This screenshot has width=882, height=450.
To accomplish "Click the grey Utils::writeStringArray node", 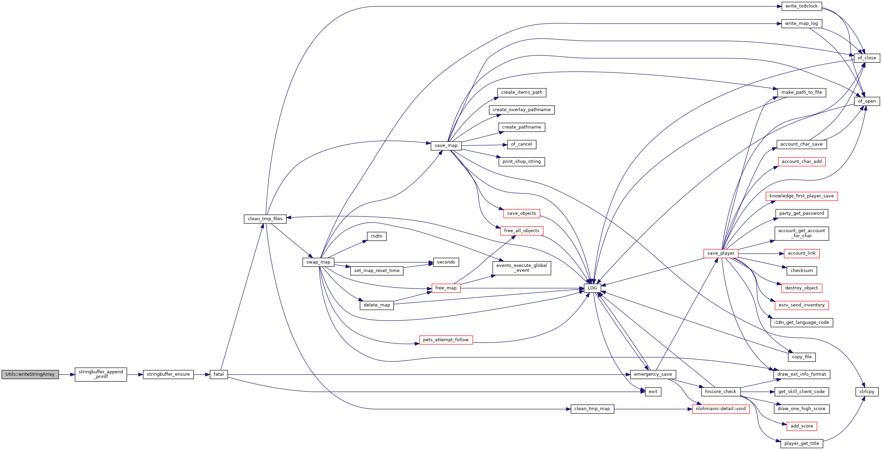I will point(30,374).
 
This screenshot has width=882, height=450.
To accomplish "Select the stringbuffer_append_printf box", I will point(101,374).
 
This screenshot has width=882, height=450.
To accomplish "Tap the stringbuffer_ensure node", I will point(168,374).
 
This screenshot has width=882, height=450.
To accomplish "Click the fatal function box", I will point(219,374).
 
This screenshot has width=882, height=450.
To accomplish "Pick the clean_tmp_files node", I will point(265,219).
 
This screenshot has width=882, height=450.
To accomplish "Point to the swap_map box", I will point(318,262).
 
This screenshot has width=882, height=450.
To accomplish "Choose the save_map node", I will point(446,146).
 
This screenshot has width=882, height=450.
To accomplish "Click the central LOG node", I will point(592,288).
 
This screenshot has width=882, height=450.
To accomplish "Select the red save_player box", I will point(720,253).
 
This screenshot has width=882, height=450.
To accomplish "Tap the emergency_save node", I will point(653,374).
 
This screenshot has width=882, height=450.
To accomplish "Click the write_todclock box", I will point(801,6).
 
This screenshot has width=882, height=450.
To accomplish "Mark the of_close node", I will point(867,58).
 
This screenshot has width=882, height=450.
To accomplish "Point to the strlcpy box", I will point(867,392).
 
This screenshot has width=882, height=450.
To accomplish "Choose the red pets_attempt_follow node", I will point(446,340).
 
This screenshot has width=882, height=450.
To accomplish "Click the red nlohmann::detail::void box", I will point(720,409).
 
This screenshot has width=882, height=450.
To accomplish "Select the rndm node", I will point(376,236).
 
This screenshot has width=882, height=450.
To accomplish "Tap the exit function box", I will point(653,392).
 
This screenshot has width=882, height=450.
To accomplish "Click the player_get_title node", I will point(801,444).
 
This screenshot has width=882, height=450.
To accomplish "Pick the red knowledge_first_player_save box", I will point(801,196).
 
